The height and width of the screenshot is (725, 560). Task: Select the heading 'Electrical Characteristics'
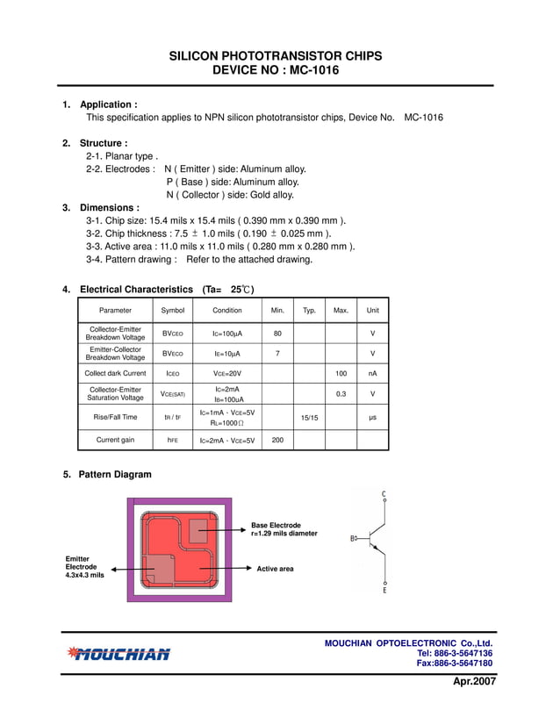(x=136, y=289)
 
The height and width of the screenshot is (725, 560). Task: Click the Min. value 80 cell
(x=277, y=334)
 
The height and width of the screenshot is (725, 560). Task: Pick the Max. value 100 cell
(x=341, y=373)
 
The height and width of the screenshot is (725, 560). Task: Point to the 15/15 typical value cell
(x=309, y=418)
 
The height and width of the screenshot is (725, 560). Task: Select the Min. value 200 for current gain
(x=277, y=440)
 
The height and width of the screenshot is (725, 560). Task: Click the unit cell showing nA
(x=372, y=373)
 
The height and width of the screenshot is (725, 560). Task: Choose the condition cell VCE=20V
(x=226, y=373)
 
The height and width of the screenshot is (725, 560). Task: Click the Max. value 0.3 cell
(x=341, y=394)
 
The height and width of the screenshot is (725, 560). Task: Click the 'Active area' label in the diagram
(x=275, y=569)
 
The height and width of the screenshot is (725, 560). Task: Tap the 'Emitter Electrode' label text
(x=84, y=566)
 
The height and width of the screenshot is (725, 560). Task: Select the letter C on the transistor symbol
(x=384, y=493)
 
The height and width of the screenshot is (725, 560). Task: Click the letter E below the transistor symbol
(x=384, y=591)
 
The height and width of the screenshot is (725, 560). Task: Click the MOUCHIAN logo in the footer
(x=118, y=654)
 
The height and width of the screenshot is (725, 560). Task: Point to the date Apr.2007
(x=474, y=681)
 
